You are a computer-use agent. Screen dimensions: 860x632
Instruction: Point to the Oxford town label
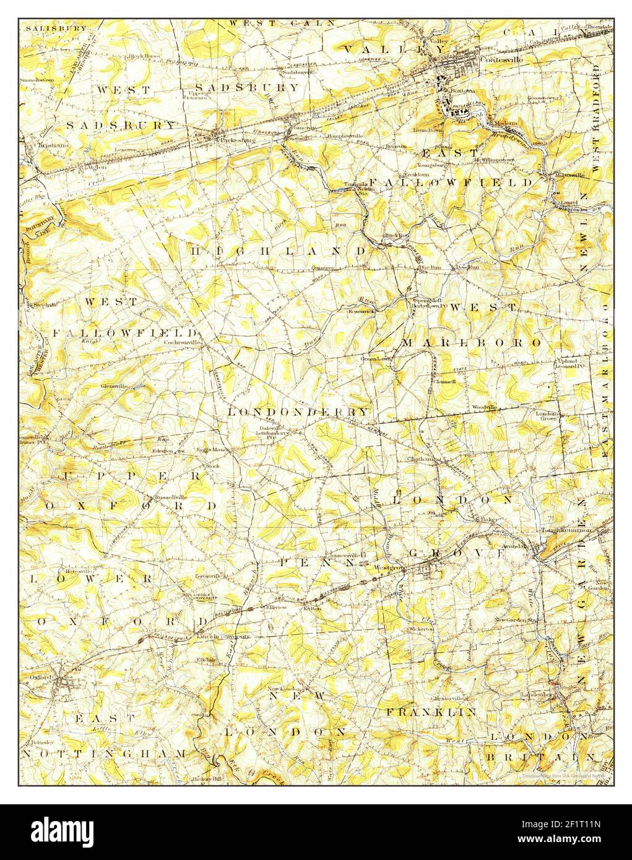click(x=39, y=677)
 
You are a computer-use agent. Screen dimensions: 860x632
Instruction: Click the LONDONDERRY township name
click(x=298, y=411)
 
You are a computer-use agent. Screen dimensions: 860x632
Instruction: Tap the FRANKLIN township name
click(x=431, y=712)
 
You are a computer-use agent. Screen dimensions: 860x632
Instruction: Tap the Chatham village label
click(x=419, y=459)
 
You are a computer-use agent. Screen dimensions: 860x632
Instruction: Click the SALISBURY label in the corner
click(x=47, y=28)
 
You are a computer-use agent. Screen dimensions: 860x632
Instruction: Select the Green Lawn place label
click(x=376, y=359)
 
